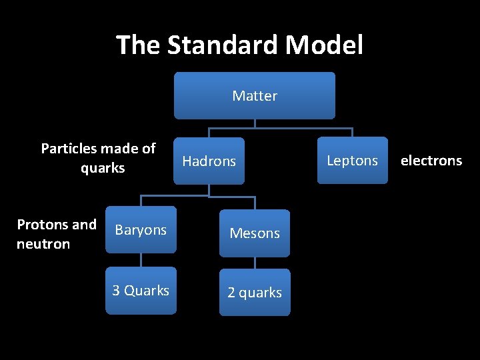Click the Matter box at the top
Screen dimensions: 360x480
click(255, 95)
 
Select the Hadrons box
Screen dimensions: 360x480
click(209, 161)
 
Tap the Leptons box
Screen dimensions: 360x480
click(352, 161)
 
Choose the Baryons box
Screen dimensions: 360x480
click(141, 230)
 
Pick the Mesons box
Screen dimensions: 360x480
click(255, 233)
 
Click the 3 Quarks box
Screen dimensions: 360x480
click(141, 291)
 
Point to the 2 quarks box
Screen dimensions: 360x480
click(255, 293)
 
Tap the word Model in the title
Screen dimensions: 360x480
click(324, 45)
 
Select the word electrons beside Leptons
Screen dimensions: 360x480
click(431, 161)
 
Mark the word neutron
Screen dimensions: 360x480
click(43, 244)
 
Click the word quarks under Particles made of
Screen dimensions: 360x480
click(103, 169)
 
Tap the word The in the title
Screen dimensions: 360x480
click(138, 45)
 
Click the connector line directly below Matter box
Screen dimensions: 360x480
click(255, 123)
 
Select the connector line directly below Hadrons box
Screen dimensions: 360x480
click(209, 191)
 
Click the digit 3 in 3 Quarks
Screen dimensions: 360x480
click(116, 291)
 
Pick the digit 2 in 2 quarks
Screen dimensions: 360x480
click(231, 293)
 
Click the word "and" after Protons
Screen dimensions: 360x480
click(84, 225)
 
